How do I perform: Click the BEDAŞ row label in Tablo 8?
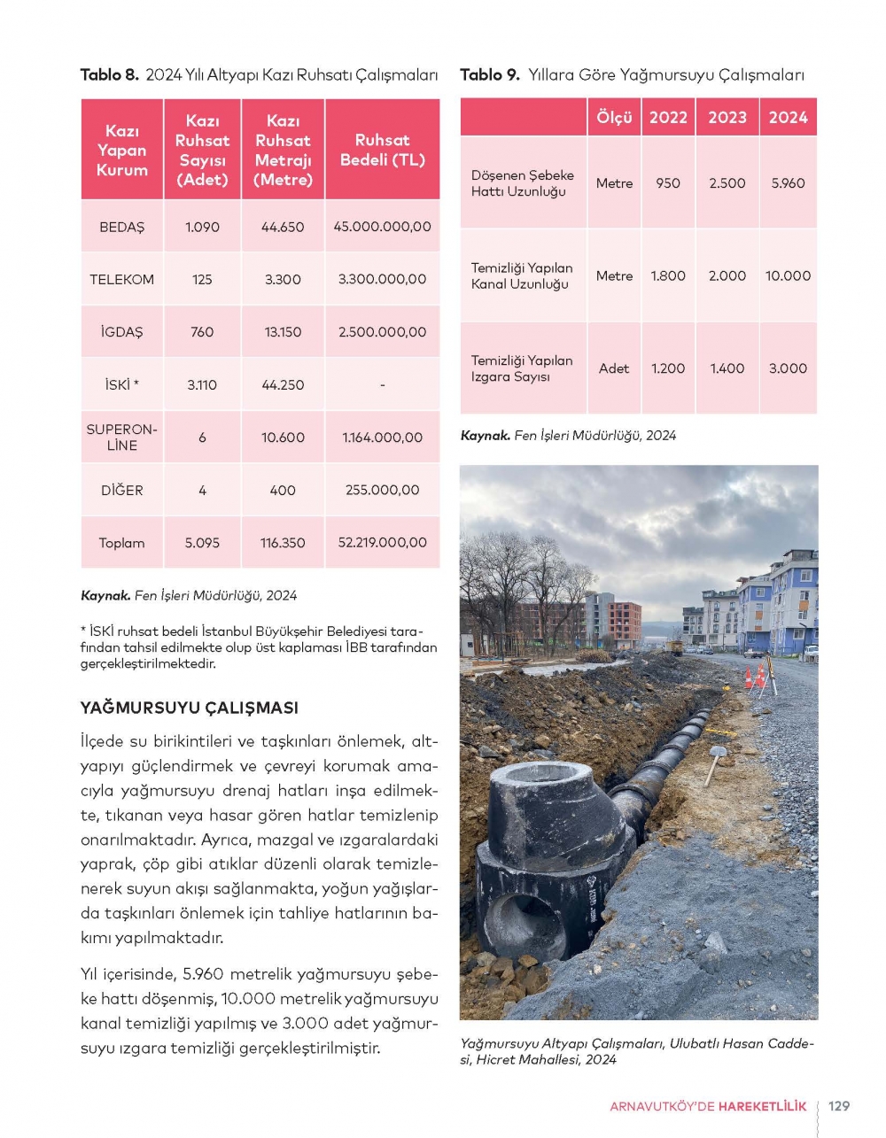click(121, 227)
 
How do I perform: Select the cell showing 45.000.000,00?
click(382, 227)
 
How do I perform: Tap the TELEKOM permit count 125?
click(202, 279)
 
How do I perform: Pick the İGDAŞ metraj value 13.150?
click(283, 332)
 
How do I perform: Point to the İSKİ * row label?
click(121, 384)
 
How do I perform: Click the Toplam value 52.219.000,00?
click(382, 543)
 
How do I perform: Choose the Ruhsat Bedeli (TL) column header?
click(382, 150)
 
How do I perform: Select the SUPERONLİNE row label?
click(121, 437)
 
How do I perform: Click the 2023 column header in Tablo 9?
click(727, 117)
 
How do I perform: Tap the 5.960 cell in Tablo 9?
click(788, 183)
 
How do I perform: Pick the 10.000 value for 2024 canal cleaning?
click(788, 276)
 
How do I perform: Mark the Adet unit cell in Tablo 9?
click(614, 368)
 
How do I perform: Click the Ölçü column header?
click(614, 117)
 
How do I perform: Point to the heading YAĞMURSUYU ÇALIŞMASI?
click(190, 708)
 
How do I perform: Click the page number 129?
click(838, 1106)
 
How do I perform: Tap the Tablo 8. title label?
click(110, 75)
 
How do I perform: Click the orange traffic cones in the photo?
click(755, 677)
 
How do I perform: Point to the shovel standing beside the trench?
click(714, 761)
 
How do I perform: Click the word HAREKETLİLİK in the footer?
click(762, 1106)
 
